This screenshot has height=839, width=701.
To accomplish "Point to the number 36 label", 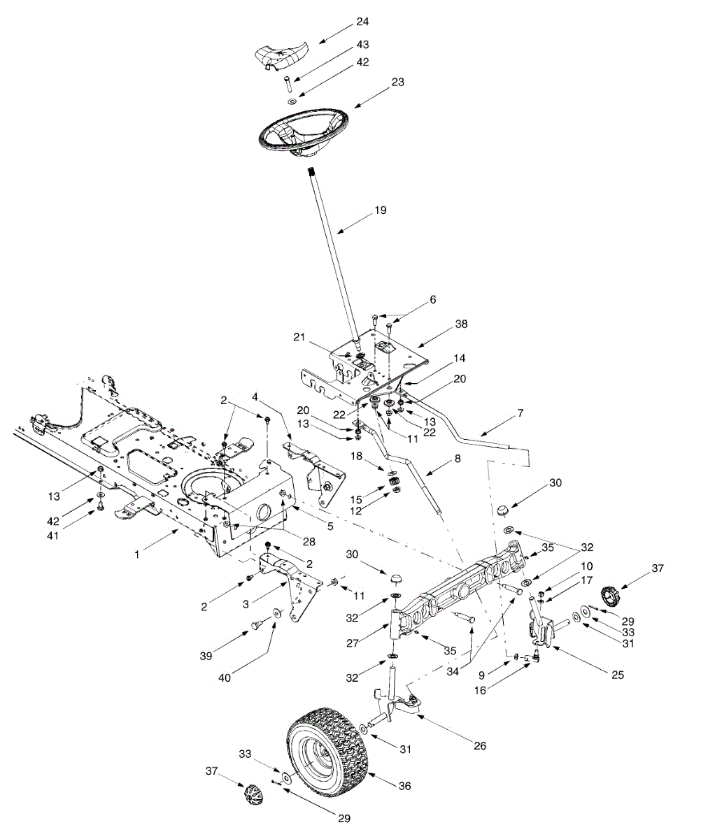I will click(x=404, y=785).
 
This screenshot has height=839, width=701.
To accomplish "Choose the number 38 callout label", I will click(x=461, y=324).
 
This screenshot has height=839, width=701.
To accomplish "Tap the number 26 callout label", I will click(x=479, y=745).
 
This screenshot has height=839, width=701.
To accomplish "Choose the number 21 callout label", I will click(x=301, y=336).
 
